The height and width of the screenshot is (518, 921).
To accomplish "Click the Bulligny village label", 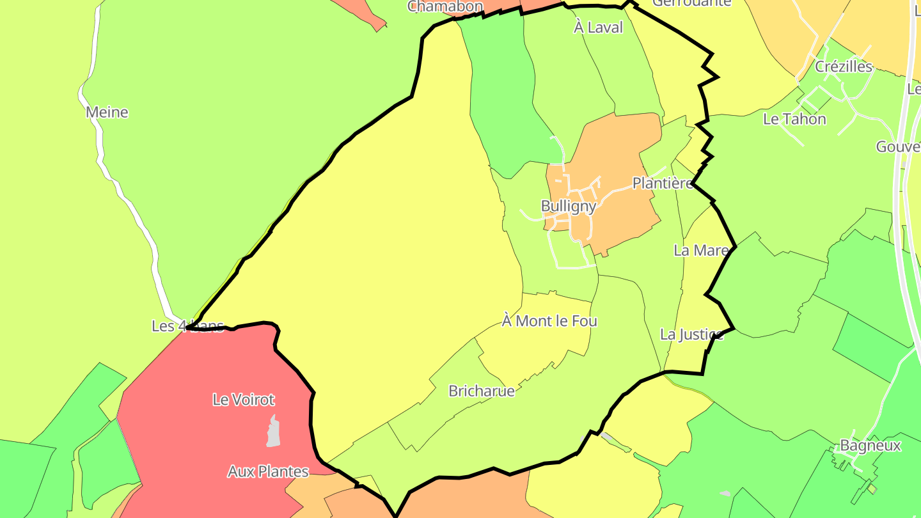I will [x=569, y=206].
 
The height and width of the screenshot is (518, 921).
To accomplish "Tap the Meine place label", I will [x=107, y=113].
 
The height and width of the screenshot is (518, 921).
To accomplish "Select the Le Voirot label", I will [x=243, y=400].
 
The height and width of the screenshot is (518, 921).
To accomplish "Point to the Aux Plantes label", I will [x=268, y=472].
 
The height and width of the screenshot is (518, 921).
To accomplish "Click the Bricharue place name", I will [x=482, y=391].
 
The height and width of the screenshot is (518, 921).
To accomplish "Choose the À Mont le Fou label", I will [x=549, y=321].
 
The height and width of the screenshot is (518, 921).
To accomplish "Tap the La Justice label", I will [x=691, y=334].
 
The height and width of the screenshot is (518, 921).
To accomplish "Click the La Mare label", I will [x=701, y=250].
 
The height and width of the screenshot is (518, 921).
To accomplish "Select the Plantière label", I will [x=663, y=184].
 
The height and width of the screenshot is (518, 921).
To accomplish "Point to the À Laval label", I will [x=598, y=27].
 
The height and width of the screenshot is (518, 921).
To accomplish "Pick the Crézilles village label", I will [x=844, y=67].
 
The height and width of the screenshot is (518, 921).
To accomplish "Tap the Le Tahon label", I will [x=794, y=119].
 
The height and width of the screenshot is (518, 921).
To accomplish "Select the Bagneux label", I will [x=870, y=446].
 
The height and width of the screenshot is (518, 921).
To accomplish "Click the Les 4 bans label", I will [x=187, y=326].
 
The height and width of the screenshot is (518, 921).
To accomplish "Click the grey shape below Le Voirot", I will [x=273, y=432].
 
